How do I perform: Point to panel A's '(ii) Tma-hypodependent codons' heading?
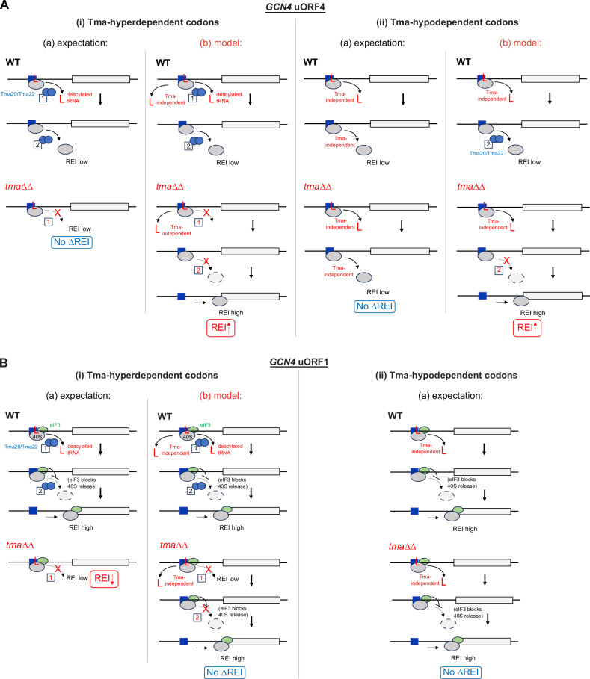click(x=442, y=22)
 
